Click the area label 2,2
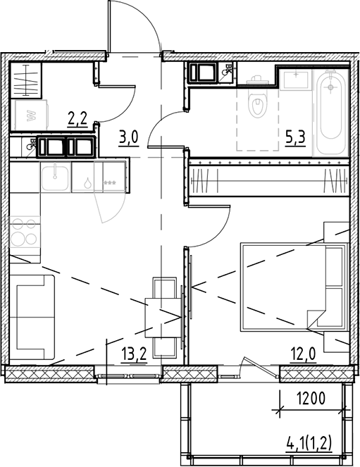[77, 118]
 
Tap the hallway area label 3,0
[128, 137]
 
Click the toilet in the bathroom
[259, 104]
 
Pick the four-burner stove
[25, 233]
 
